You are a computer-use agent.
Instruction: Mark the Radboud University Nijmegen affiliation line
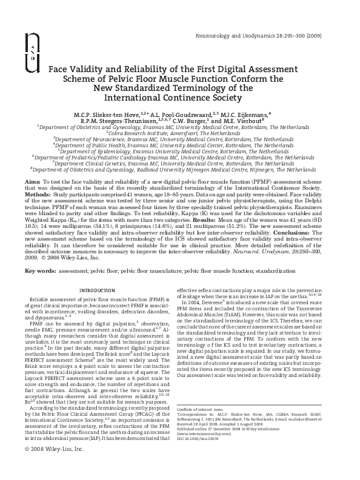(x=180, y=171)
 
